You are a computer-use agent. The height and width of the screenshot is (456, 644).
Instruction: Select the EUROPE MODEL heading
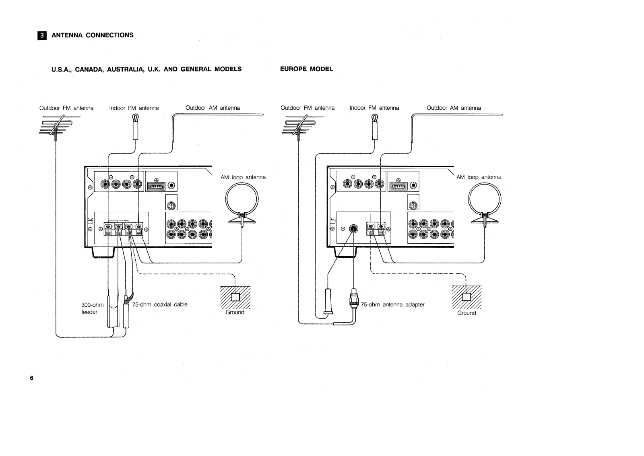306,69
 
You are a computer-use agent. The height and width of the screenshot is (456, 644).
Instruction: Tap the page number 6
32,378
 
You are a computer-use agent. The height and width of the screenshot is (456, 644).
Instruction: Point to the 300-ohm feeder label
92,308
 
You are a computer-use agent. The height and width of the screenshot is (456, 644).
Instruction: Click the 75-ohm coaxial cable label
160,304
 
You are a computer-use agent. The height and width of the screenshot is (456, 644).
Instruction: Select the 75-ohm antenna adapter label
392,304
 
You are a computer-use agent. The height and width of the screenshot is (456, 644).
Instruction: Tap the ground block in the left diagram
235,297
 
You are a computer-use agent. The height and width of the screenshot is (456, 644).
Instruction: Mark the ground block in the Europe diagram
466,297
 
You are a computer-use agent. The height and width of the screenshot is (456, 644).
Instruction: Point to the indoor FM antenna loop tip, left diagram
136,117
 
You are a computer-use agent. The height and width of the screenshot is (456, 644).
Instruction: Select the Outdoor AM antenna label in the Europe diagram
454,108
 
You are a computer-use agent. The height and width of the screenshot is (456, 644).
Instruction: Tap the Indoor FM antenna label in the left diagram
134,108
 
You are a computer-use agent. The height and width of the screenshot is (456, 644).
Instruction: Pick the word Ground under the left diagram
235,312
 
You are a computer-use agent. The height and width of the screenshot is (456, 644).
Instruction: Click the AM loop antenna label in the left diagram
243,177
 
